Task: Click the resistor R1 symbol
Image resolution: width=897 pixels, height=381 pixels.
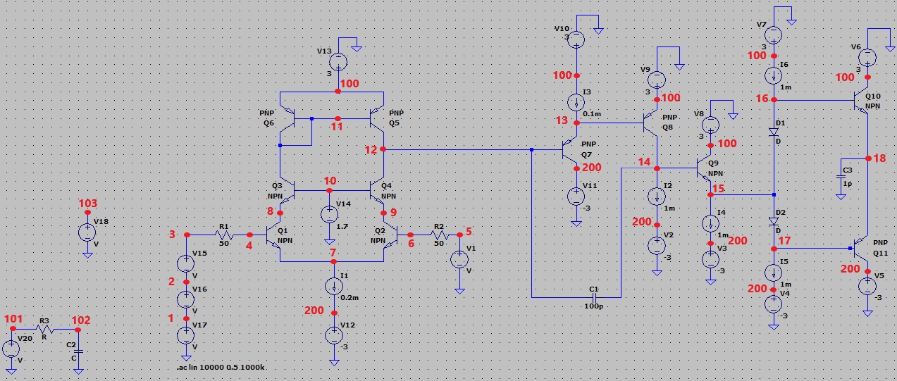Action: click(x=224, y=235)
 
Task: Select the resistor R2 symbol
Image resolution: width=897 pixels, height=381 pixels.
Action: click(x=438, y=235)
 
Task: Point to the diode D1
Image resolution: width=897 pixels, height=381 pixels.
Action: click(x=774, y=132)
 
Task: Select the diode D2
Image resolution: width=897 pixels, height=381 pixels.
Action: click(x=774, y=220)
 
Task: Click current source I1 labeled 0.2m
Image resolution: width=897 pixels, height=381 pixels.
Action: click(x=333, y=287)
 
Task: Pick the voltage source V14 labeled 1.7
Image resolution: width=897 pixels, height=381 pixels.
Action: click(x=328, y=214)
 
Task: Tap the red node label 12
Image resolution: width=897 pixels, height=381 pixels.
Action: click(x=371, y=149)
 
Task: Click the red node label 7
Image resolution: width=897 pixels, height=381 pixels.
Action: click(x=333, y=252)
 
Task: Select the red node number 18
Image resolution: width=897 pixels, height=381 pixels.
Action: click(x=879, y=158)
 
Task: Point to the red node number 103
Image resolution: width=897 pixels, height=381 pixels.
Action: click(x=87, y=204)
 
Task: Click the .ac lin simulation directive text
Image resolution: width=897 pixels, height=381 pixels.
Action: click(x=222, y=368)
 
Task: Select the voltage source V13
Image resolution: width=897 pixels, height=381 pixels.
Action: click(x=338, y=62)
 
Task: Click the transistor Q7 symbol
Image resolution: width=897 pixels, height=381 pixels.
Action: click(x=571, y=151)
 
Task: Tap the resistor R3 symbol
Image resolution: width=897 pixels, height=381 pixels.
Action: click(x=44, y=329)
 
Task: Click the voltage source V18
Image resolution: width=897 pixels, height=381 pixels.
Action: click(x=87, y=232)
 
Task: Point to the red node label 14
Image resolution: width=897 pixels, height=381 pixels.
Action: click(x=644, y=162)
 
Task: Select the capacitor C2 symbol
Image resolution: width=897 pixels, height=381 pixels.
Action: click(x=78, y=350)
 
